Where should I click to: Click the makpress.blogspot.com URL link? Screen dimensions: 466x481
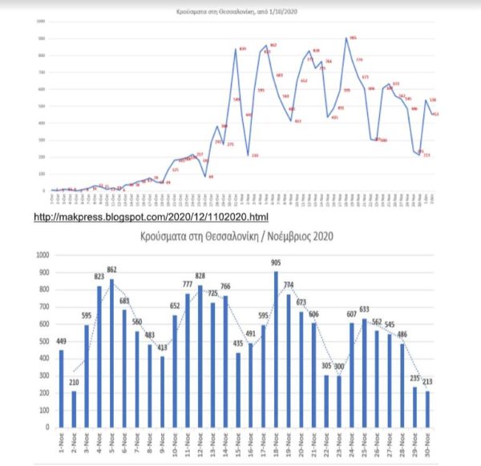(151, 217)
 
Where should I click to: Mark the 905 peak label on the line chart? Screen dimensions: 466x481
(353, 37)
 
